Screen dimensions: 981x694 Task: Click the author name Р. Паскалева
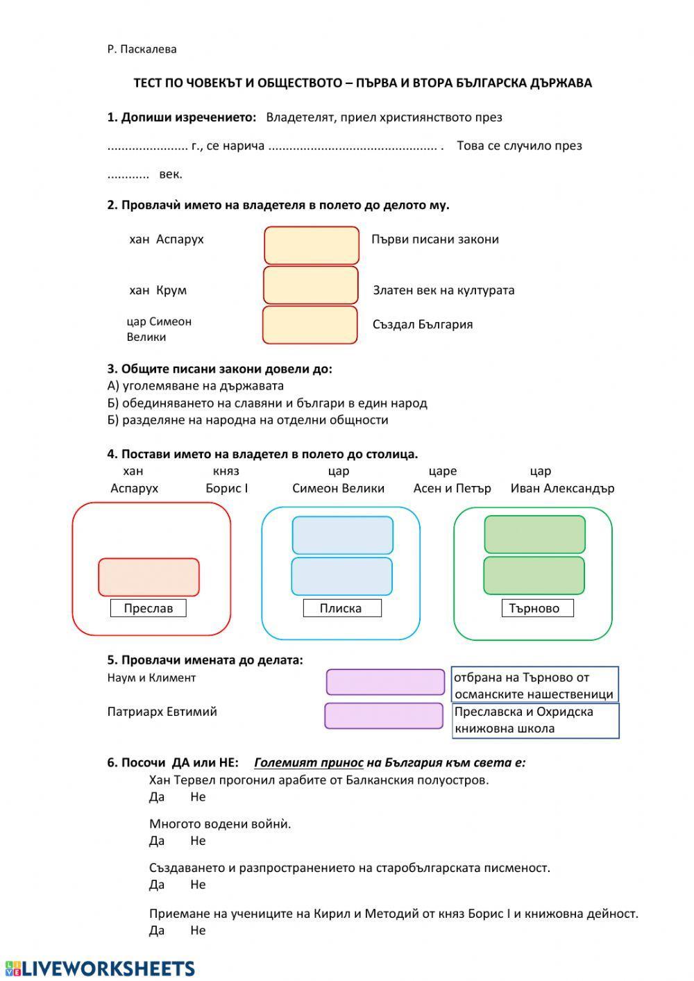click(142, 49)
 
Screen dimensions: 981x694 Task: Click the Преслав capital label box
click(148, 608)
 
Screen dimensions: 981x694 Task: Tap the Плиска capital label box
click(341, 608)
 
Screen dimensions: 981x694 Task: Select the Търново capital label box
click(537, 608)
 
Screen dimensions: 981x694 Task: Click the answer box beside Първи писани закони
click(312, 245)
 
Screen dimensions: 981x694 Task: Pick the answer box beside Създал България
click(310, 325)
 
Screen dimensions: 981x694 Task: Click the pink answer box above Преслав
click(149, 577)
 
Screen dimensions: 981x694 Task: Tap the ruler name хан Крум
click(158, 290)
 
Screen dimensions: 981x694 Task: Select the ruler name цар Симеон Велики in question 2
click(159, 329)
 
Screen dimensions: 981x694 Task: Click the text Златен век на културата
click(443, 290)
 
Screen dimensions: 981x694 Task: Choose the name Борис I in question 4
click(226, 488)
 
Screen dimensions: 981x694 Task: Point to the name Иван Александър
click(562, 488)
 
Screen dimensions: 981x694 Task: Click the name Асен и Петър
click(452, 488)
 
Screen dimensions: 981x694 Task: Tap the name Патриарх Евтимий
click(162, 712)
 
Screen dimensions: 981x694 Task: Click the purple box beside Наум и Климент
click(385, 682)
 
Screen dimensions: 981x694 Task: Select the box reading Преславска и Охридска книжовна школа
click(535, 720)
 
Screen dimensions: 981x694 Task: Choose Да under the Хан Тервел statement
click(157, 797)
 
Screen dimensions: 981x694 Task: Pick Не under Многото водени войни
click(198, 841)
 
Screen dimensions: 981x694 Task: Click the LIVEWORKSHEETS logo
click(100, 969)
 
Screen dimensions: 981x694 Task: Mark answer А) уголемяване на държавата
click(196, 386)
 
